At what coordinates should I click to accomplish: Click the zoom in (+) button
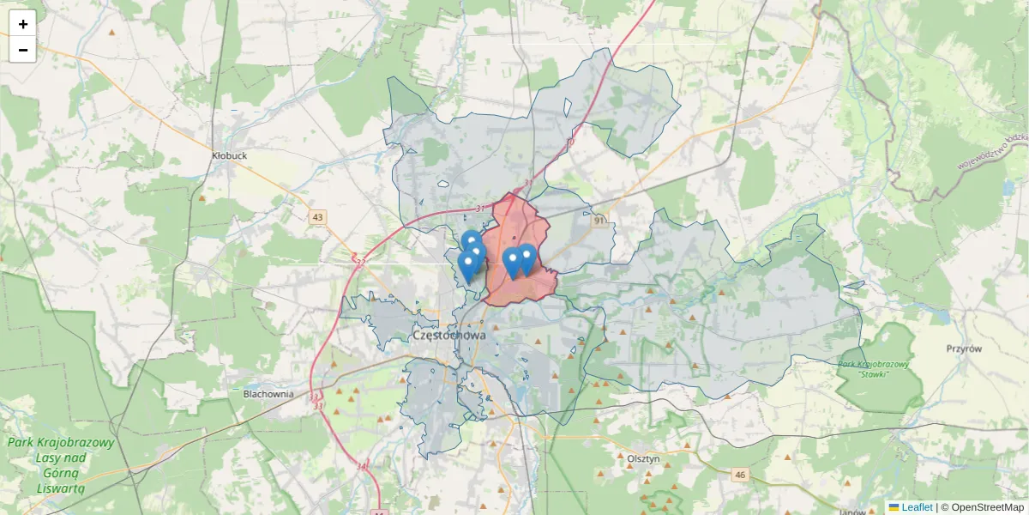(23, 23)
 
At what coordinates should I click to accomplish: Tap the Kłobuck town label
(229, 156)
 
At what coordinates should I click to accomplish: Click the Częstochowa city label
(449, 336)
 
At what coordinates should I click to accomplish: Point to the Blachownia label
(268, 394)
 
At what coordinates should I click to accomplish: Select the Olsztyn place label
(643, 459)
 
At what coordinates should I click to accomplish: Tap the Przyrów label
(963, 348)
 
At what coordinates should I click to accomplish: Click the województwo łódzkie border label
(991, 147)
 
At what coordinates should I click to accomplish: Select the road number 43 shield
(318, 217)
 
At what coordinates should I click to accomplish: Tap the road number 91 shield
(599, 221)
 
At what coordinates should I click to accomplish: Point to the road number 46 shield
(740, 474)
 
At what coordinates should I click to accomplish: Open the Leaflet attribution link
(917, 507)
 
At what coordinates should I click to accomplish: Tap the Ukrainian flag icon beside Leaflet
(894, 507)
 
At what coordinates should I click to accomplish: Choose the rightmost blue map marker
(527, 257)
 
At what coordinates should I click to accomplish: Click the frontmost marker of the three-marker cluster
(467, 266)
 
